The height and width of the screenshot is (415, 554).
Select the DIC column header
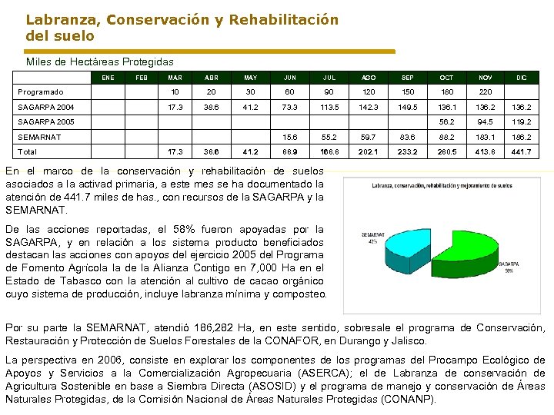pos(521,78)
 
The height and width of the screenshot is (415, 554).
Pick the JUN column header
pos(290,78)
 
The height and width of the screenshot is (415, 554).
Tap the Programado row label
pos(41,92)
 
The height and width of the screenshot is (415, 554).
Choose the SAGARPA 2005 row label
pos(46,122)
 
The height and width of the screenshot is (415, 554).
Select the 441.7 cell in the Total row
pos(521,151)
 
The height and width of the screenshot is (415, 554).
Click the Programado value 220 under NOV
pos(485,92)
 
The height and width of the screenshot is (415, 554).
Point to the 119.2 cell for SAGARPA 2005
pos(521,122)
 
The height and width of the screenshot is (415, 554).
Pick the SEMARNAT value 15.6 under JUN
pos(290,137)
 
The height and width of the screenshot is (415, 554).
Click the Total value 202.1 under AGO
pos(369,151)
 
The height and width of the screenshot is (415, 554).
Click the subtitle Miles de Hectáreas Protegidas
pos(100,61)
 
